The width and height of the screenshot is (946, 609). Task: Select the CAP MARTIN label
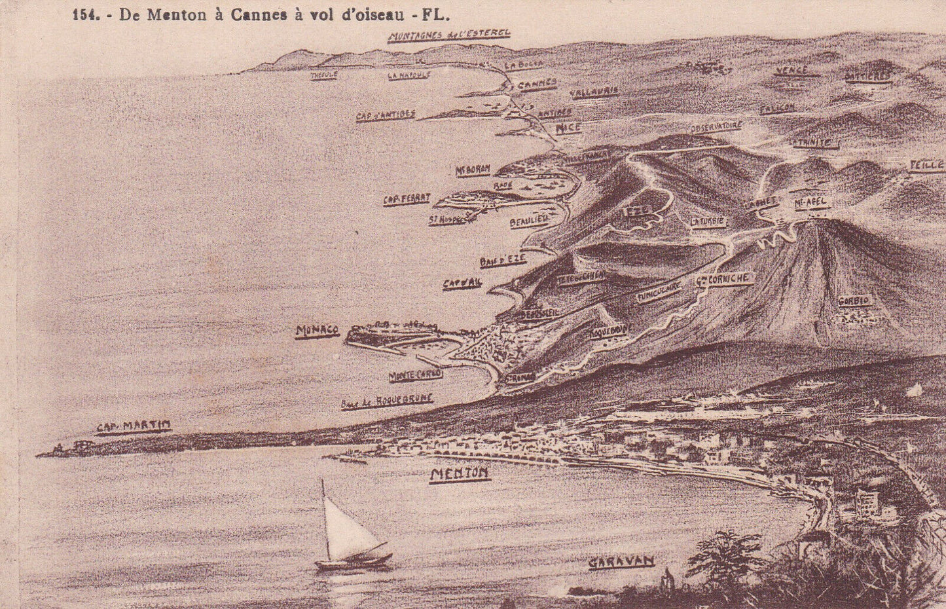[134, 426]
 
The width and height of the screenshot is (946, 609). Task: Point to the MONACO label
[317, 331]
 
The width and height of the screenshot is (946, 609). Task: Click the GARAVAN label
[621, 562]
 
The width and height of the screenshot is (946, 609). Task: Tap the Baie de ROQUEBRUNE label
[387, 402]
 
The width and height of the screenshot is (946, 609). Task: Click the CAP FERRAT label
[407, 199]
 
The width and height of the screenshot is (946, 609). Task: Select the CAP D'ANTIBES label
[386, 115]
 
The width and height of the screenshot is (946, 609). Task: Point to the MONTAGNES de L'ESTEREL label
[448, 37]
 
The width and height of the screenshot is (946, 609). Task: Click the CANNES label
[537, 84]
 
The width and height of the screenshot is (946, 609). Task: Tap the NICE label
[568, 128]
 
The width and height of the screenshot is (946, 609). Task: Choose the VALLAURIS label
[594, 92]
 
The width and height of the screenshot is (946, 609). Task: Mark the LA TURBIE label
[708, 221]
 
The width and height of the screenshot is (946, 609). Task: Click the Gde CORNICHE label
[721, 279]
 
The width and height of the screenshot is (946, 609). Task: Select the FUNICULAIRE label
[659, 292]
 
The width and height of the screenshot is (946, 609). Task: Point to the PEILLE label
[926, 166]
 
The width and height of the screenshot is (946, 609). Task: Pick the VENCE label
[791, 71]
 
